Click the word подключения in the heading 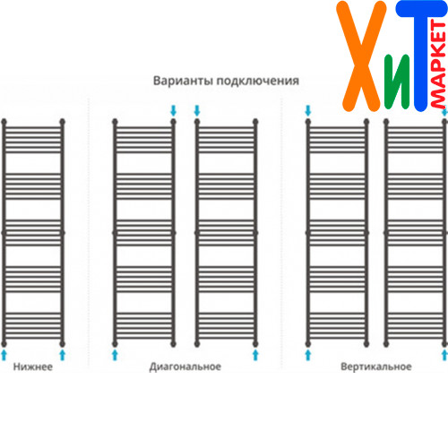258,82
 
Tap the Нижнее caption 33,366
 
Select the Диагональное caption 185,366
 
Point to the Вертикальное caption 376,366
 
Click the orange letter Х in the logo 361,56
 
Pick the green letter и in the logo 397,82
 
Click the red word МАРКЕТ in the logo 438,65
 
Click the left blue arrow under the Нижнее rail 4,355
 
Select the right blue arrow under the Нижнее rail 62,355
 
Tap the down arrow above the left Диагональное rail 173,110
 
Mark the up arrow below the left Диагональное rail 115,355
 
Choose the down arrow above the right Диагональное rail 197,110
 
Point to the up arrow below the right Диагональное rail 255,355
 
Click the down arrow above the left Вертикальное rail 308,110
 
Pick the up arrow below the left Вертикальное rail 308,355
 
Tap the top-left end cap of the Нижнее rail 4,122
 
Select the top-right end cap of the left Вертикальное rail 366,122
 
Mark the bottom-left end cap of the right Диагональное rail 197,343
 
